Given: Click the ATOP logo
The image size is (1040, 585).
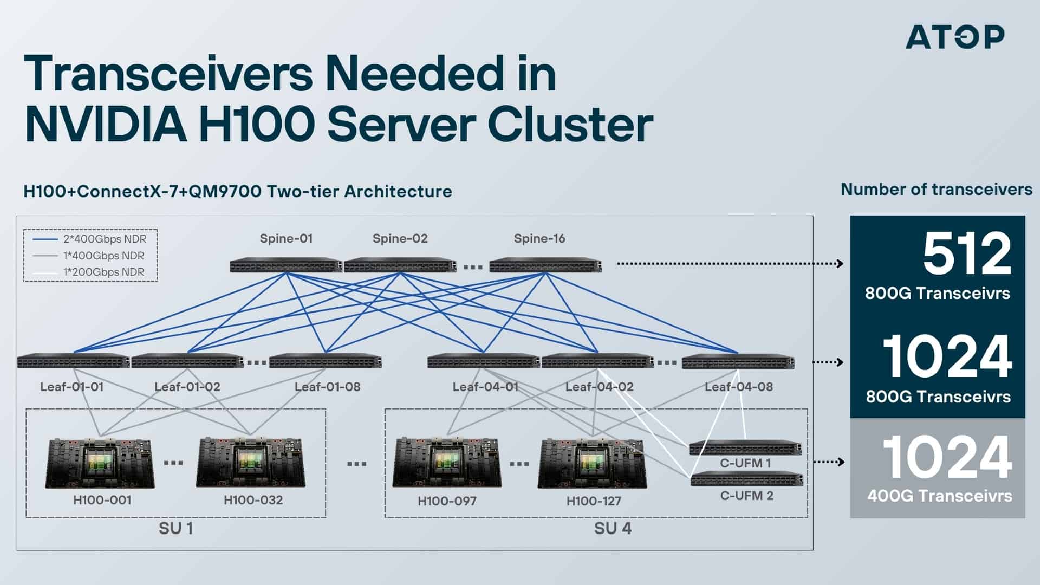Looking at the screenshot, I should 954,37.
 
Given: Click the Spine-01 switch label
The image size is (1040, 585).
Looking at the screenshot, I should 286,238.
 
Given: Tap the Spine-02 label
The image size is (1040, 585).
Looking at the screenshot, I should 400,238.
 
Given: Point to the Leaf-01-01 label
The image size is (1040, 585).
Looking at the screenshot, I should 71,387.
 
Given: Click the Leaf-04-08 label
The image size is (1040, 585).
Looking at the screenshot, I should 738,387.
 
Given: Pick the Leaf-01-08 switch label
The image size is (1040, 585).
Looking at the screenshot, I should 327,387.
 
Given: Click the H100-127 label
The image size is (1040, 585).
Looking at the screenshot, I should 594,501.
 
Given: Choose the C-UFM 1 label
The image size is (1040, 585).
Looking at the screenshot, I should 745,463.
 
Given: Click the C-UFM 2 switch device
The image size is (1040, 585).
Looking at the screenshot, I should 746,479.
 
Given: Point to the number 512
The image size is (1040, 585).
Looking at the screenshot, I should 967,254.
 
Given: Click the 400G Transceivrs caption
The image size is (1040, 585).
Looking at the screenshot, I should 939,496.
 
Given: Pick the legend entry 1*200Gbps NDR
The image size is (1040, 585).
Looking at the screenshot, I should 103,272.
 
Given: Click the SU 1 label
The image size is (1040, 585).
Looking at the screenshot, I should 175,528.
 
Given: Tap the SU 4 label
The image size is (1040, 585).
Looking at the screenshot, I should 613,528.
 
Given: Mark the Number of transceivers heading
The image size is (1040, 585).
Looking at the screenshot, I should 936,190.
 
